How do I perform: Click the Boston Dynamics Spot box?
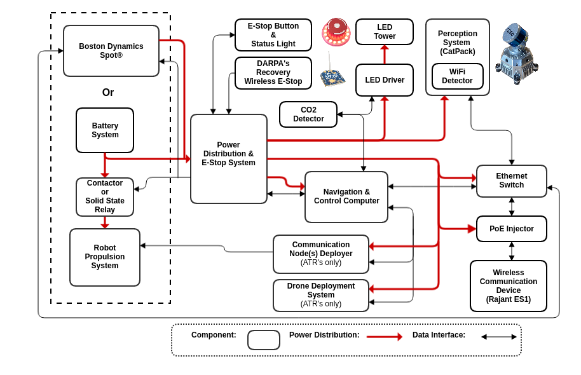coord(111,51)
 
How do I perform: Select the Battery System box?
coord(105,130)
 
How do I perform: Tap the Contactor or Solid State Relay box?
coord(105,197)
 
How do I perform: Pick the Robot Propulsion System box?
coord(105,257)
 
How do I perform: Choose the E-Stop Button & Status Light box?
coord(273,35)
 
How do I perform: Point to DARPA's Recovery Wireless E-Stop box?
coord(273,73)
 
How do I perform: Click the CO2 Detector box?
coord(308,114)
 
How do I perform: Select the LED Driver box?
coord(385,80)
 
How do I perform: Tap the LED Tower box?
coord(385,32)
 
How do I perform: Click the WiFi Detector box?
coord(458,76)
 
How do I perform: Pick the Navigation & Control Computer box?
coord(346,197)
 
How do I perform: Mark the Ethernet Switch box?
coord(512,181)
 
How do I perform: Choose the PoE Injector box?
coord(512,229)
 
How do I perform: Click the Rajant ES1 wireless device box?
coord(509,286)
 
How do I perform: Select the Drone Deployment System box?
coord(321,296)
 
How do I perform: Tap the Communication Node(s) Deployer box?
coord(321,254)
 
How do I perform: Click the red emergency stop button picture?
coord(336,32)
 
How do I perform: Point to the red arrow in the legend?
coord(385,337)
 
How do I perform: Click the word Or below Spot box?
coord(108,93)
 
